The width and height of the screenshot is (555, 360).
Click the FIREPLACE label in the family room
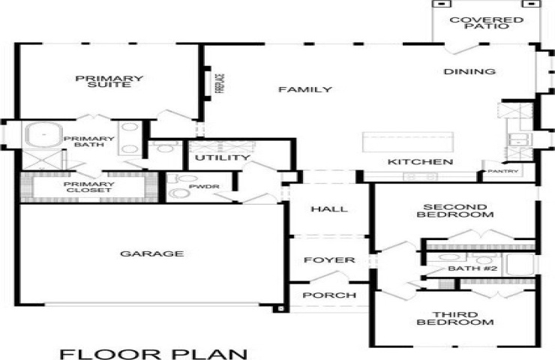point(220,83)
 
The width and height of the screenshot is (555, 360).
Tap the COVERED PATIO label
point(486,23)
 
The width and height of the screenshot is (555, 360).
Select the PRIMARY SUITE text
point(109,82)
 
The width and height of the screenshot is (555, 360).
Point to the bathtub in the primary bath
point(43,134)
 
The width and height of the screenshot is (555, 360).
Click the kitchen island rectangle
point(408,142)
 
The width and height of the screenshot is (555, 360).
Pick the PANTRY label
point(503,171)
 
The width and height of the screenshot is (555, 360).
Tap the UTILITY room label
point(223,157)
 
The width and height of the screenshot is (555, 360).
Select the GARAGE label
point(152,253)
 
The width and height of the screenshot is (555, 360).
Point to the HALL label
point(329,209)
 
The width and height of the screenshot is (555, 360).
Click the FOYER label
point(329,260)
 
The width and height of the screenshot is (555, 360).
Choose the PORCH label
point(329,295)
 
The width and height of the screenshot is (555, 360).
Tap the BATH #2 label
point(473,268)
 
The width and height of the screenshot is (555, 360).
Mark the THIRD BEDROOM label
point(455,319)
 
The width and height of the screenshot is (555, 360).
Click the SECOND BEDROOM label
point(455,211)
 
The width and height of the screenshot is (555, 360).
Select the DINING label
point(469,71)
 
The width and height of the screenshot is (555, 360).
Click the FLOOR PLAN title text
point(153,354)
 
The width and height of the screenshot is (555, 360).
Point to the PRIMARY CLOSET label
point(88,187)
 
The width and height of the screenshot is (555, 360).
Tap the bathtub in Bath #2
point(520,265)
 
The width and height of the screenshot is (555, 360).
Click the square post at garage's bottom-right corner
point(281,309)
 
